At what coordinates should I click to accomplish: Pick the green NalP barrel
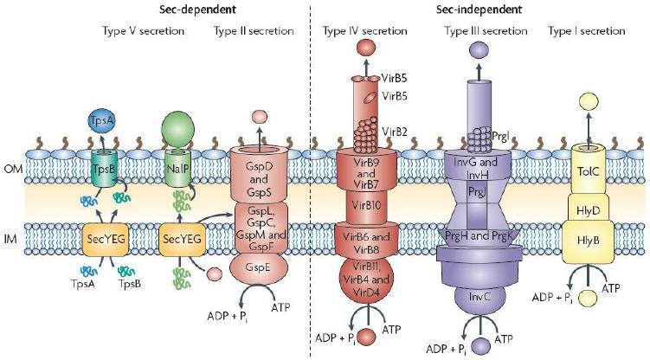[177, 170]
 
